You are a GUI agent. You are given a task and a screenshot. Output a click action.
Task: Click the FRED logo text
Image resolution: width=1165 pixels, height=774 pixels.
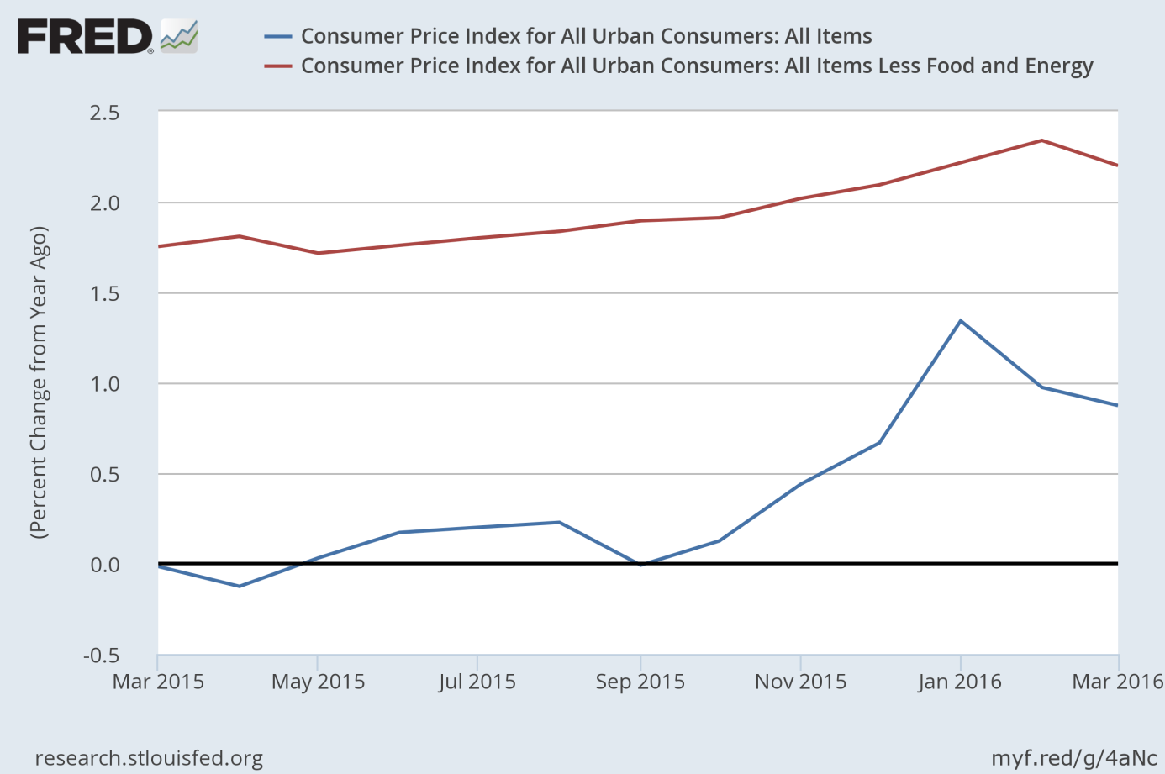tap(85, 37)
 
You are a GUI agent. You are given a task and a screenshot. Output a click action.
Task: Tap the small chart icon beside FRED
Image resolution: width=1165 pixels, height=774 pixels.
tap(179, 37)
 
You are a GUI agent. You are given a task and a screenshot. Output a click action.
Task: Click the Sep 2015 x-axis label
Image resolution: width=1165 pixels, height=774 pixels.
tap(640, 682)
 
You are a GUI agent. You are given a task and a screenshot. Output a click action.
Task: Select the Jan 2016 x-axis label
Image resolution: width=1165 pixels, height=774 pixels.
tap(960, 682)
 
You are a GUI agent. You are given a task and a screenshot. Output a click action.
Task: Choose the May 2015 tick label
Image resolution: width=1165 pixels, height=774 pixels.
tap(318, 682)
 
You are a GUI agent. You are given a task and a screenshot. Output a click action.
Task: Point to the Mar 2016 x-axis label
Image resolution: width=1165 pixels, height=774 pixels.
tap(1117, 682)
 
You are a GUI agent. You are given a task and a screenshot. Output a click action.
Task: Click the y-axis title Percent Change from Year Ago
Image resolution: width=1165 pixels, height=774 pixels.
tap(39, 382)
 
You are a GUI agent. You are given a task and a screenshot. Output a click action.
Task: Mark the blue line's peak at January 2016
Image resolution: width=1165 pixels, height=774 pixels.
tap(961, 320)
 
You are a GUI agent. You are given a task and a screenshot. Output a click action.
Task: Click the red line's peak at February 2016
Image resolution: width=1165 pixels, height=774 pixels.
tap(1041, 140)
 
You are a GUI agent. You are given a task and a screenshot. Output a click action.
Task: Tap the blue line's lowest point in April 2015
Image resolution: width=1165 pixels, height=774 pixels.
tap(240, 586)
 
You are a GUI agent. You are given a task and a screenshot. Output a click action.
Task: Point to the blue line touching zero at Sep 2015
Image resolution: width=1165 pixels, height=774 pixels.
tap(640, 565)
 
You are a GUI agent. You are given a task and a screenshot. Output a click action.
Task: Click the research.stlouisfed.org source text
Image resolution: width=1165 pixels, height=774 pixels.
tap(149, 758)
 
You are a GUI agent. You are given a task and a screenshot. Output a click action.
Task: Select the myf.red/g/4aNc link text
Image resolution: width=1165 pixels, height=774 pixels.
tap(1073, 758)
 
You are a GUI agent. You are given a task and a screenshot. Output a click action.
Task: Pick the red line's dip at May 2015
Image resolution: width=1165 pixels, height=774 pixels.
tap(318, 253)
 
